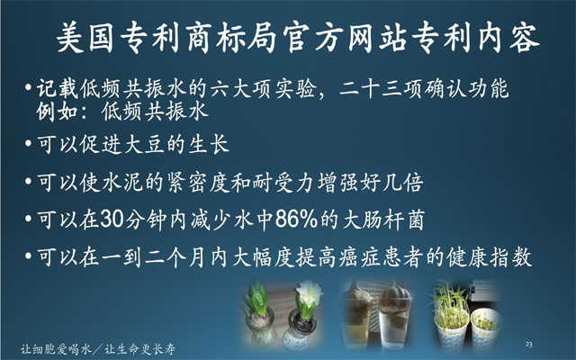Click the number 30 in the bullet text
tap(112, 220)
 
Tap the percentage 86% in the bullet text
tap(296, 220)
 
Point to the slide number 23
tap(528, 344)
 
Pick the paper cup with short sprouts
tap(486, 327)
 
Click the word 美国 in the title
tap(85, 38)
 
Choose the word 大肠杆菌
tap(383, 220)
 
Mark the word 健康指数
tap(490, 256)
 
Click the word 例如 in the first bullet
tap(57, 111)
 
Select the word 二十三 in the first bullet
tap(371, 89)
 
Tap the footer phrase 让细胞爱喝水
tap(56, 348)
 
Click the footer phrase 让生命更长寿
tap(140, 348)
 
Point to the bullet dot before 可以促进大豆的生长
tap(28, 142)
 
